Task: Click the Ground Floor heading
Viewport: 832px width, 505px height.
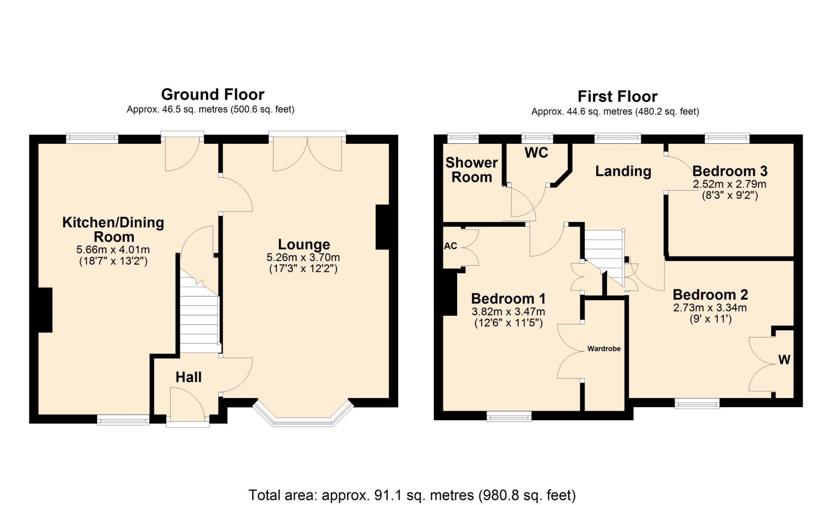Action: pyautogui.click(x=213, y=94)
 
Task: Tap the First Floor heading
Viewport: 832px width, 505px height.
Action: pyautogui.click(x=617, y=96)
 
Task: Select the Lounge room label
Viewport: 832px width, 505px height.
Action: pyautogui.click(x=304, y=244)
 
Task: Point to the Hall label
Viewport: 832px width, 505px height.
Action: pyautogui.click(x=188, y=377)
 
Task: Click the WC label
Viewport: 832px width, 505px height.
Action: pyautogui.click(x=536, y=152)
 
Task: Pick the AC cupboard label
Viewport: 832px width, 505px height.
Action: pyautogui.click(x=451, y=246)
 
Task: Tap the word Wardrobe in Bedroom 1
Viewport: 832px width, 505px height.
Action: pyautogui.click(x=604, y=349)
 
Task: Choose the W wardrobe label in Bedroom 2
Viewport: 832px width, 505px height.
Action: pyautogui.click(x=784, y=359)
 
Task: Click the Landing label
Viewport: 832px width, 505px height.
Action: pyautogui.click(x=623, y=171)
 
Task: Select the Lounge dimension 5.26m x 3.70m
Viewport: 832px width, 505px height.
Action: pyautogui.click(x=303, y=257)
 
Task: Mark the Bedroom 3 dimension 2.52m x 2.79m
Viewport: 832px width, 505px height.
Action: pyautogui.click(x=730, y=184)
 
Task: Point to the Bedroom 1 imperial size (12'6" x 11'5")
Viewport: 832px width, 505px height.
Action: pyautogui.click(x=508, y=323)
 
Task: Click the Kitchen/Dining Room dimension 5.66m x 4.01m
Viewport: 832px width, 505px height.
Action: pyautogui.click(x=113, y=250)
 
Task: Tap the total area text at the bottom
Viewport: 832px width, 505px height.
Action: pyautogui.click(x=412, y=495)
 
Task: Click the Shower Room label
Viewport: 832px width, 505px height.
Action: pyautogui.click(x=471, y=170)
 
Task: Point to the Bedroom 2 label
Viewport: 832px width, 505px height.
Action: pyautogui.click(x=710, y=295)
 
